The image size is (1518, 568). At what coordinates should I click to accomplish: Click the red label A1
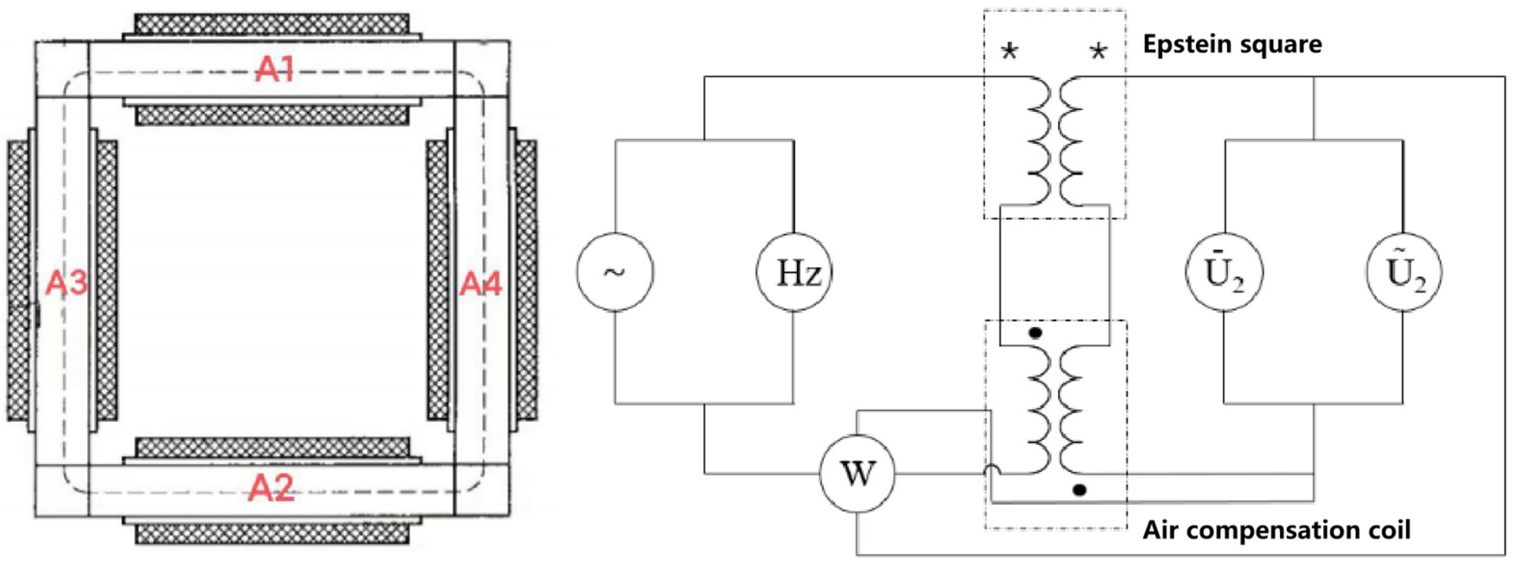point(274,71)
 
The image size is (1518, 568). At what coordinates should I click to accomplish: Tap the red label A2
point(271,488)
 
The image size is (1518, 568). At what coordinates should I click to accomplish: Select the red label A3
point(67,283)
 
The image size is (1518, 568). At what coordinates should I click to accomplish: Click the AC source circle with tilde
point(614,272)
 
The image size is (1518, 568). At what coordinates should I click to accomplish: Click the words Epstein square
point(1232,44)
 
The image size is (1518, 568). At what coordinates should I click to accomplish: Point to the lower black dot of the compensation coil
point(1079,489)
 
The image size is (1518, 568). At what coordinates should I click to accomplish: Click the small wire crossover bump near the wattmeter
point(991,470)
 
